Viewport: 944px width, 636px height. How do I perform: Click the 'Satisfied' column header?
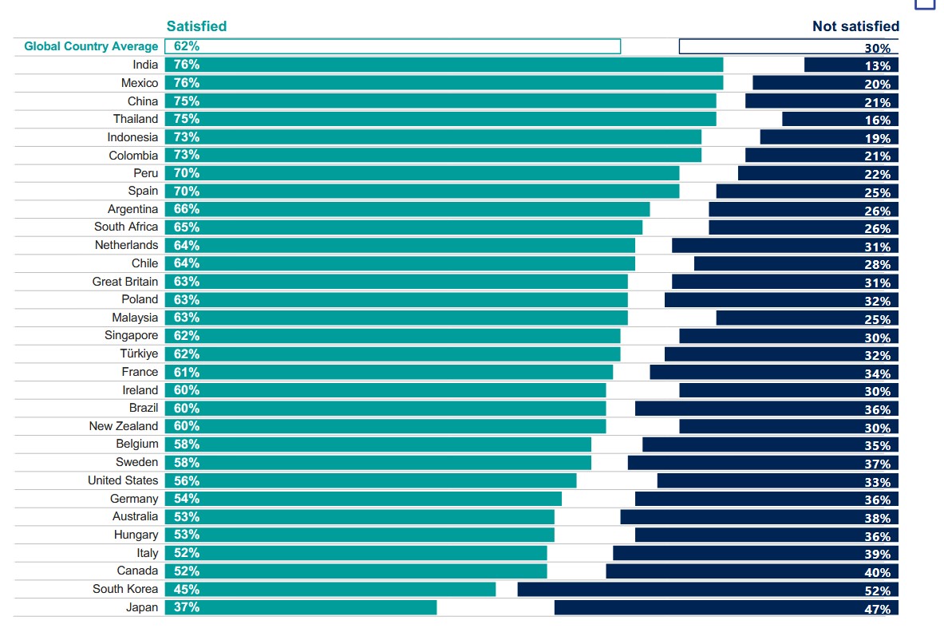click(x=196, y=26)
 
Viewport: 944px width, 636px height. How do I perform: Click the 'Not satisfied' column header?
click(x=855, y=26)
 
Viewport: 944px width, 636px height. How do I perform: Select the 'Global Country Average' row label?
click(x=91, y=46)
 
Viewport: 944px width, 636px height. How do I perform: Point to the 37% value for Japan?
click(x=187, y=607)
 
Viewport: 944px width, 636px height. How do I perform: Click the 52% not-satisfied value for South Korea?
click(x=878, y=591)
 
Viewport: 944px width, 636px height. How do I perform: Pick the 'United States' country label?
click(x=123, y=480)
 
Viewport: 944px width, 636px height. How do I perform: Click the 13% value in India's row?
click(x=878, y=66)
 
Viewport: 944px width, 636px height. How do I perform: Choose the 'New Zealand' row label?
click(x=124, y=426)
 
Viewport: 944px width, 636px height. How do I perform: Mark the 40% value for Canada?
click(x=878, y=573)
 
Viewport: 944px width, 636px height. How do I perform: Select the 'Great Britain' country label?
click(x=125, y=281)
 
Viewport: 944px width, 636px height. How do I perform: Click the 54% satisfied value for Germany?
click(x=187, y=499)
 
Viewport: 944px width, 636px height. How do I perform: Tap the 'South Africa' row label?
click(x=126, y=227)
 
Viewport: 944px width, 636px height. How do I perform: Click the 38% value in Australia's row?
click(x=878, y=518)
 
